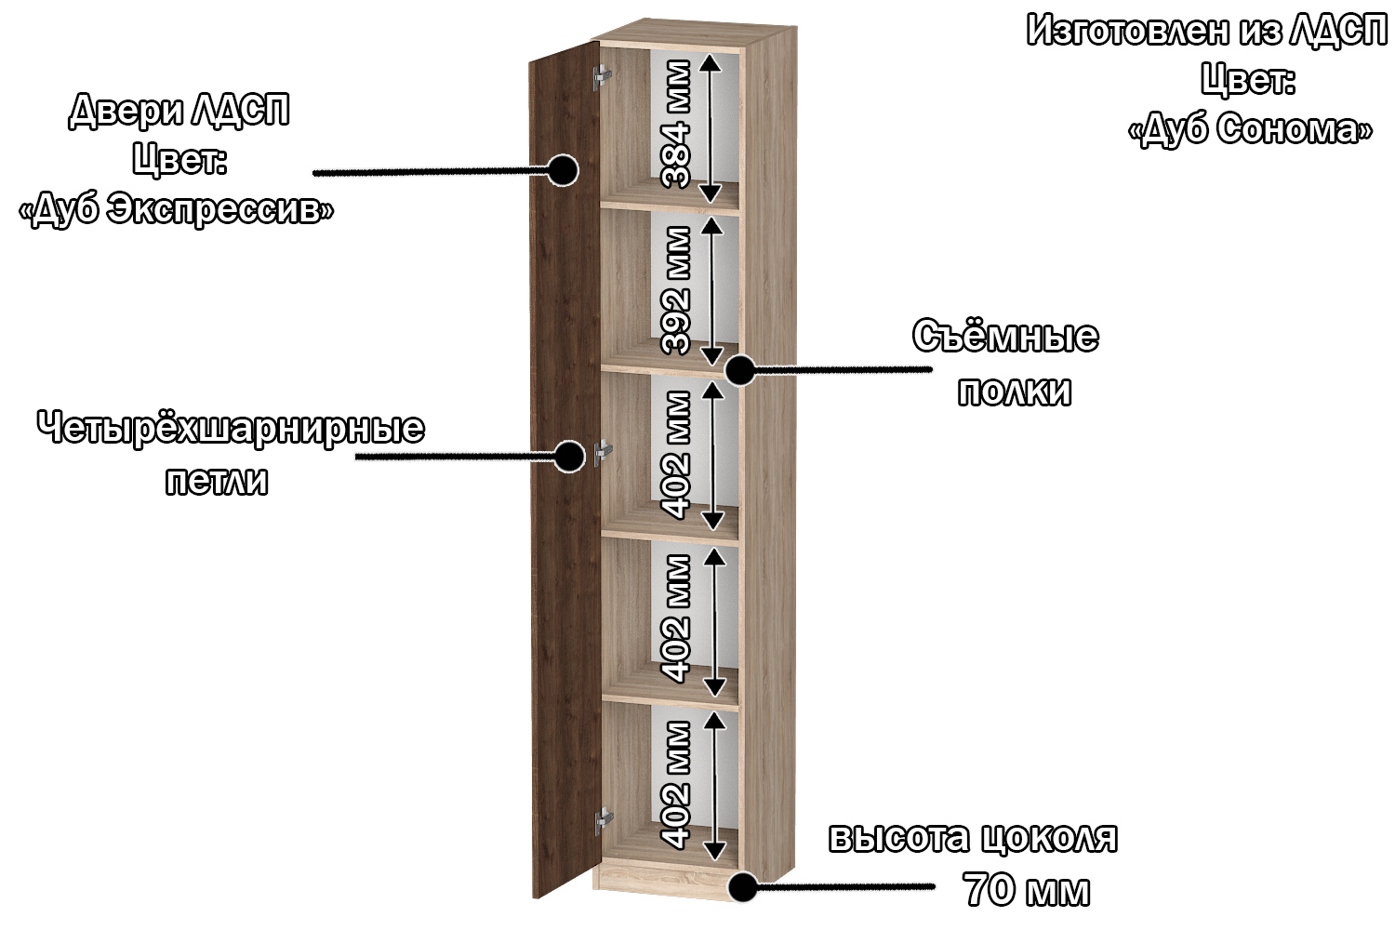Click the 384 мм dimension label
pos(676,124)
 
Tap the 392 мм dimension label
pos(676,290)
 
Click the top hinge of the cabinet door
pos(602,78)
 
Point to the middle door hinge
pos(603,453)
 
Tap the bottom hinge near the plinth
pos(604,821)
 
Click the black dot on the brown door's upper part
pos(563,171)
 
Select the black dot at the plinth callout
pos(742,886)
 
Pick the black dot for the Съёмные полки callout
pos(740,371)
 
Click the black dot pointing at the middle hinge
pos(568,457)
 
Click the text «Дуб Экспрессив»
pos(177,209)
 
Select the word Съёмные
pos(1005,337)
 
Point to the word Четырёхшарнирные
pos(231,429)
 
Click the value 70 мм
pos(1027,889)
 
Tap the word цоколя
pos(1049,839)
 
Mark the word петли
pos(217,482)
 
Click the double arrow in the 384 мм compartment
pos(711,127)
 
